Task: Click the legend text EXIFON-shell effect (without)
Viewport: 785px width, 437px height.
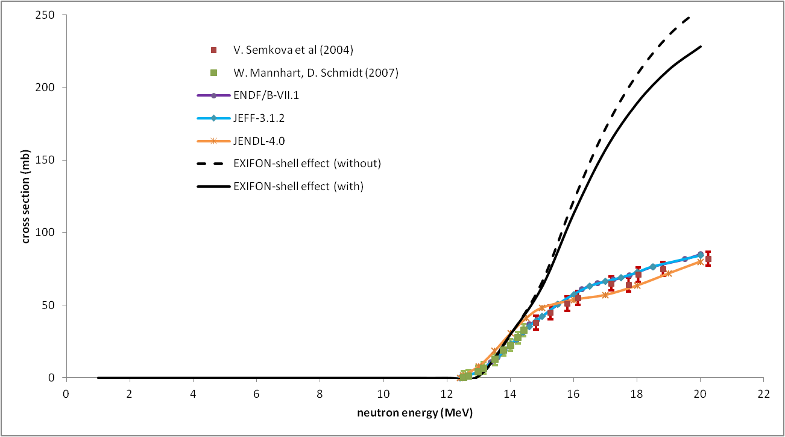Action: tap(307, 164)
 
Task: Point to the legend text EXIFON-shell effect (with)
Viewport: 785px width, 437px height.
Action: tap(298, 187)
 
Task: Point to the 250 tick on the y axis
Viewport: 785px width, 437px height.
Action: tap(47, 15)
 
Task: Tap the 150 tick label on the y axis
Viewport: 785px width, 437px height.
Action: tap(47, 160)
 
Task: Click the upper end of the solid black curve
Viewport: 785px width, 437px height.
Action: tap(701, 46)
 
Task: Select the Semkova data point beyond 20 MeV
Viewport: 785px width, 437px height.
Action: tap(708, 259)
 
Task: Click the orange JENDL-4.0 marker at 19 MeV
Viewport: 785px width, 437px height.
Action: tap(669, 273)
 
